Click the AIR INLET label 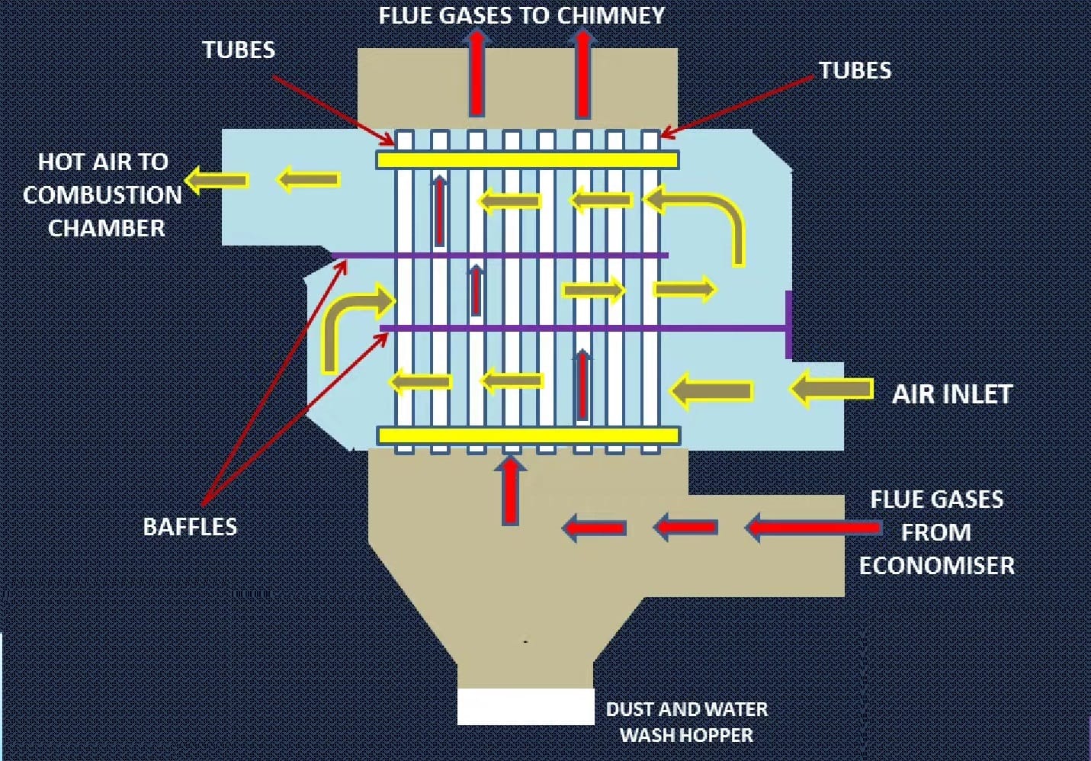[951, 393]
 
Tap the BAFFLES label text [190, 526]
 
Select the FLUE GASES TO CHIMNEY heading [521, 15]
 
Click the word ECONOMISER [936, 565]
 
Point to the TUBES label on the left [239, 50]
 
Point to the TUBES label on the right [855, 70]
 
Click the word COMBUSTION [102, 194]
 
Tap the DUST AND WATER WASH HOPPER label [686, 721]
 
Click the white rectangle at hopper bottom [525, 706]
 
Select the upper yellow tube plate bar [527, 159]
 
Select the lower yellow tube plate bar [528, 435]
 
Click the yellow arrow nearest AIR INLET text [831, 390]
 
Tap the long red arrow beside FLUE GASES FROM [812, 527]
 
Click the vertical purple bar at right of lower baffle [788, 324]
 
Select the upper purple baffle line [499, 255]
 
